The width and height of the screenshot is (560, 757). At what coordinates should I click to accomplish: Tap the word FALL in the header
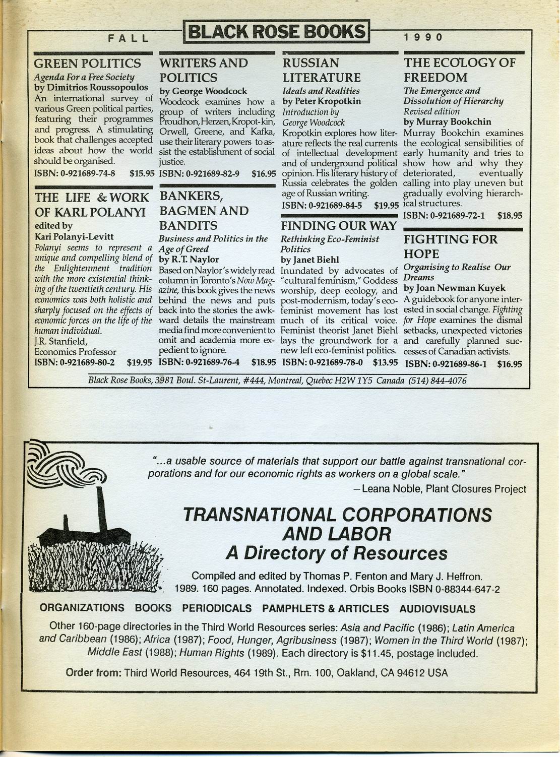[129, 37]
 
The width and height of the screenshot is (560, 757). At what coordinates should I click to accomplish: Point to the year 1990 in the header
[423, 37]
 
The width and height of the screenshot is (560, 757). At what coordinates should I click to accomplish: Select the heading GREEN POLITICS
[87, 64]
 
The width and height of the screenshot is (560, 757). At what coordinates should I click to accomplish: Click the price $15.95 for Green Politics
[142, 174]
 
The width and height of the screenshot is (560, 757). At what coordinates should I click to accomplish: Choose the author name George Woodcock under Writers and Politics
[203, 91]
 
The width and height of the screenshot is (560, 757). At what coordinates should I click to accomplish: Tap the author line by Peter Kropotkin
[322, 101]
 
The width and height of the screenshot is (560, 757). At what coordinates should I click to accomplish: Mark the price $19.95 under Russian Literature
[387, 206]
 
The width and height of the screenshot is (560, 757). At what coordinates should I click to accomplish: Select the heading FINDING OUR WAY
[339, 226]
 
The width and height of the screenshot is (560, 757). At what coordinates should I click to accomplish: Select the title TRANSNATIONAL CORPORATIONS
[337, 515]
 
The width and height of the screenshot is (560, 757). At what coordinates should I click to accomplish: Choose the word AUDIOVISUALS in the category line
[438, 609]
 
